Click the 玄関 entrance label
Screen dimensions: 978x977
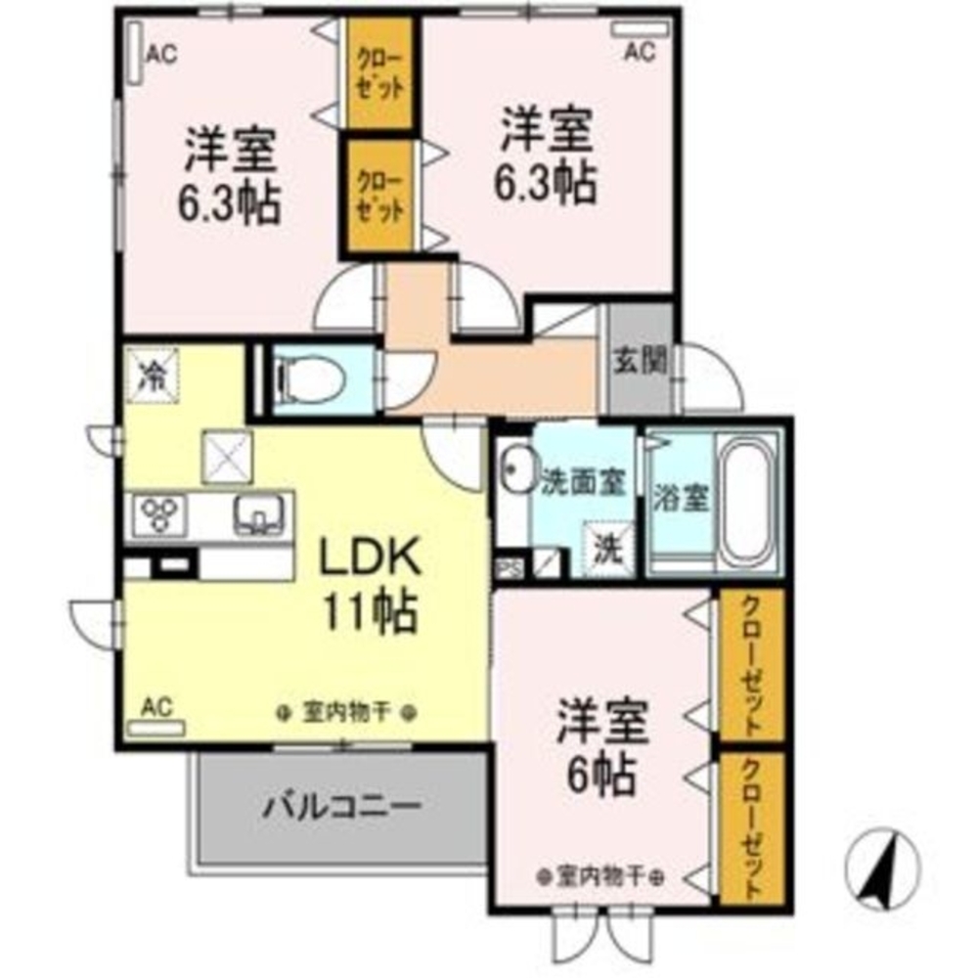tap(640, 361)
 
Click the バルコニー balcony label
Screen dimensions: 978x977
tap(341, 807)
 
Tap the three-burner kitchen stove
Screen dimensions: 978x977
tap(159, 513)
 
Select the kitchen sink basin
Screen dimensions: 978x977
tap(259, 511)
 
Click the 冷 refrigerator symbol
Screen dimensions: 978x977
tap(152, 375)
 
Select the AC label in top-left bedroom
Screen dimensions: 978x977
tap(161, 55)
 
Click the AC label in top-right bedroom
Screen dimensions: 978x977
tap(639, 52)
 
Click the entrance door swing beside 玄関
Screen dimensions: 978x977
tap(711, 379)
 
